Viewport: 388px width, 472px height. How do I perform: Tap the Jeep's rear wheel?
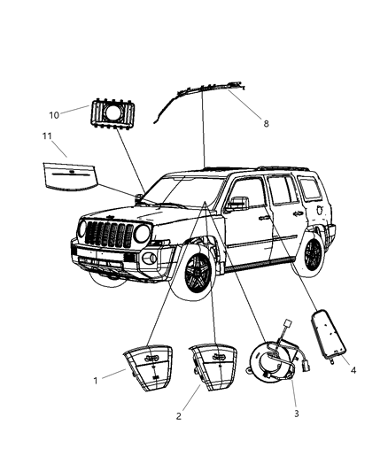click(312, 253)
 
